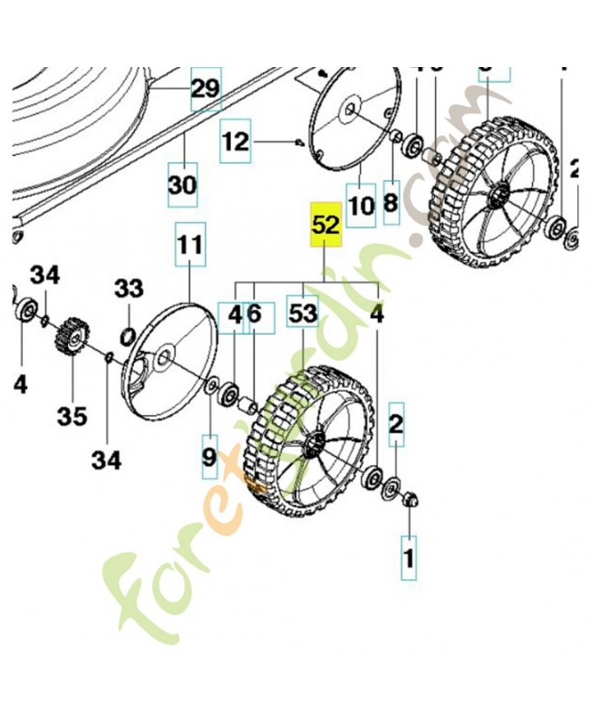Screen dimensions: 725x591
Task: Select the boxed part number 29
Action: [x=206, y=89]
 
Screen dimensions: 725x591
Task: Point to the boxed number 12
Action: [x=236, y=141]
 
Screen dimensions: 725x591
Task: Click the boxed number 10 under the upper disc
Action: [x=361, y=207]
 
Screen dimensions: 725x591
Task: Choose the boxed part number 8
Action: [x=391, y=203]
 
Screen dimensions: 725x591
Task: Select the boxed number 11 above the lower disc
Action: [x=190, y=245]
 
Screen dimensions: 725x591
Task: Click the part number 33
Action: [x=129, y=289]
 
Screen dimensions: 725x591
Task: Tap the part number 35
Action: [x=73, y=416]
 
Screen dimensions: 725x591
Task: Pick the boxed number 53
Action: [x=303, y=314]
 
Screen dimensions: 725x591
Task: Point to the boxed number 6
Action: [x=254, y=314]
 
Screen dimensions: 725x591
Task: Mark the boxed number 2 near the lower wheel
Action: [x=395, y=423]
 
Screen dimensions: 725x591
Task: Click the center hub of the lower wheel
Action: [x=313, y=443]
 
